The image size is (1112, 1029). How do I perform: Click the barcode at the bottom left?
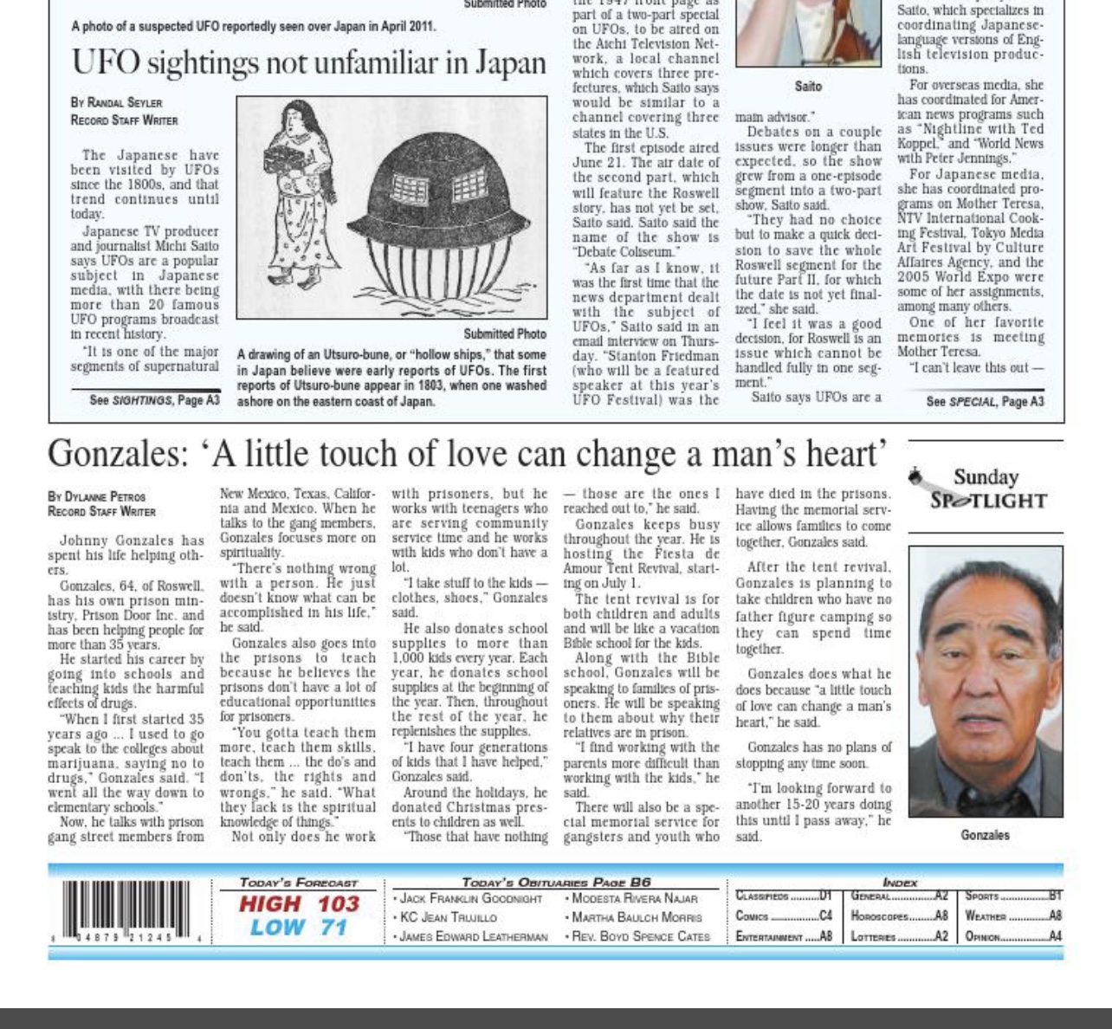coord(126,911)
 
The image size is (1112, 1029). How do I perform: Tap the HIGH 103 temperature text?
coord(299,904)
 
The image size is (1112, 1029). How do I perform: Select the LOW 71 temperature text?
coord(299,928)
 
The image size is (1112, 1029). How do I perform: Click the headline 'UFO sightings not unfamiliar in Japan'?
coord(308,63)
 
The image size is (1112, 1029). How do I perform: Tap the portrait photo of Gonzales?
coord(986,682)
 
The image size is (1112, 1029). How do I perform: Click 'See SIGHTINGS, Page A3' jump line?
coord(154,400)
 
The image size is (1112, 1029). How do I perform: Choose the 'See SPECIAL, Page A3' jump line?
coord(985,402)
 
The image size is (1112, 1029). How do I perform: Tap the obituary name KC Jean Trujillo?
coord(449,917)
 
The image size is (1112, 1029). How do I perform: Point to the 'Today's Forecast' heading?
coord(298,883)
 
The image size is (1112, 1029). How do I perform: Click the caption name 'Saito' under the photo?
coord(808,87)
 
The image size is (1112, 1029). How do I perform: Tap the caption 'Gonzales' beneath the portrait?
coord(985,835)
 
